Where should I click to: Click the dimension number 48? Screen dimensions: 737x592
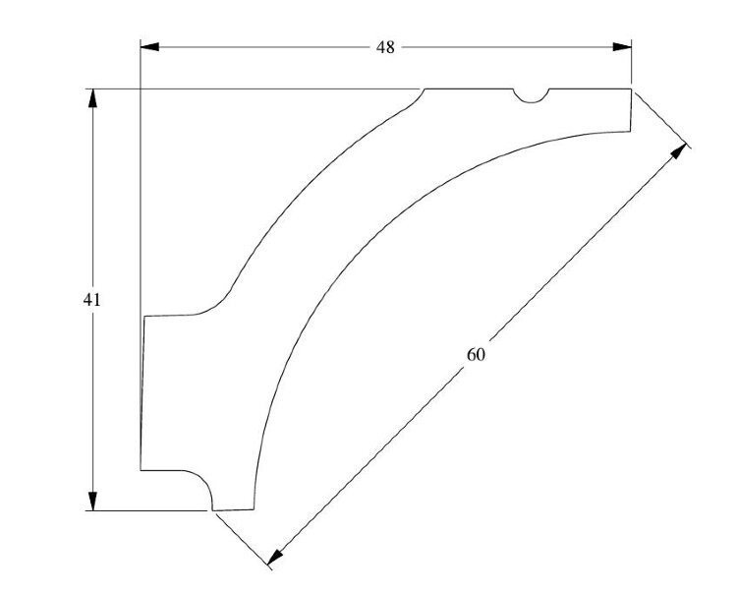pyautogui.click(x=385, y=47)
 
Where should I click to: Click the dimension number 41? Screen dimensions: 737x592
pyautogui.click(x=91, y=300)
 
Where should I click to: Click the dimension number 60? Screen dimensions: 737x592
pyautogui.click(x=476, y=355)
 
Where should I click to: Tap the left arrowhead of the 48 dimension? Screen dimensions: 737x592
pyautogui.click(x=150, y=47)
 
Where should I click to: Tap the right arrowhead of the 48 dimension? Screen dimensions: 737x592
pyautogui.click(x=622, y=47)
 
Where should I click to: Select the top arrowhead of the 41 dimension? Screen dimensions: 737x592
pyautogui.click(x=92, y=98)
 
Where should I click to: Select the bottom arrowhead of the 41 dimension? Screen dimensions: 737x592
pyautogui.click(x=92, y=502)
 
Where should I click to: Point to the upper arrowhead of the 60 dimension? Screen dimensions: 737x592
pyautogui.click(x=678, y=151)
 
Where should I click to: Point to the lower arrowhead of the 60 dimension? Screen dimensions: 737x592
pyautogui.click(x=275, y=557)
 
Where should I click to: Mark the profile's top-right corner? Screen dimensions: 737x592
pyautogui.click(x=631, y=89)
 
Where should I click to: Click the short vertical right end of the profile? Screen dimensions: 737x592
pyautogui.click(x=630, y=110)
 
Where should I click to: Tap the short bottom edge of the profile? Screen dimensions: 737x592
pyautogui.click(x=234, y=509)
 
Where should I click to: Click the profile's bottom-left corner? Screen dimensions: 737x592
pyautogui.click(x=141, y=470)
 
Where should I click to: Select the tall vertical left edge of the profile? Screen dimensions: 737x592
pyautogui.click(x=142, y=393)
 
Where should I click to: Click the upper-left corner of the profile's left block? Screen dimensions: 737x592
pyautogui.click(x=144, y=317)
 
